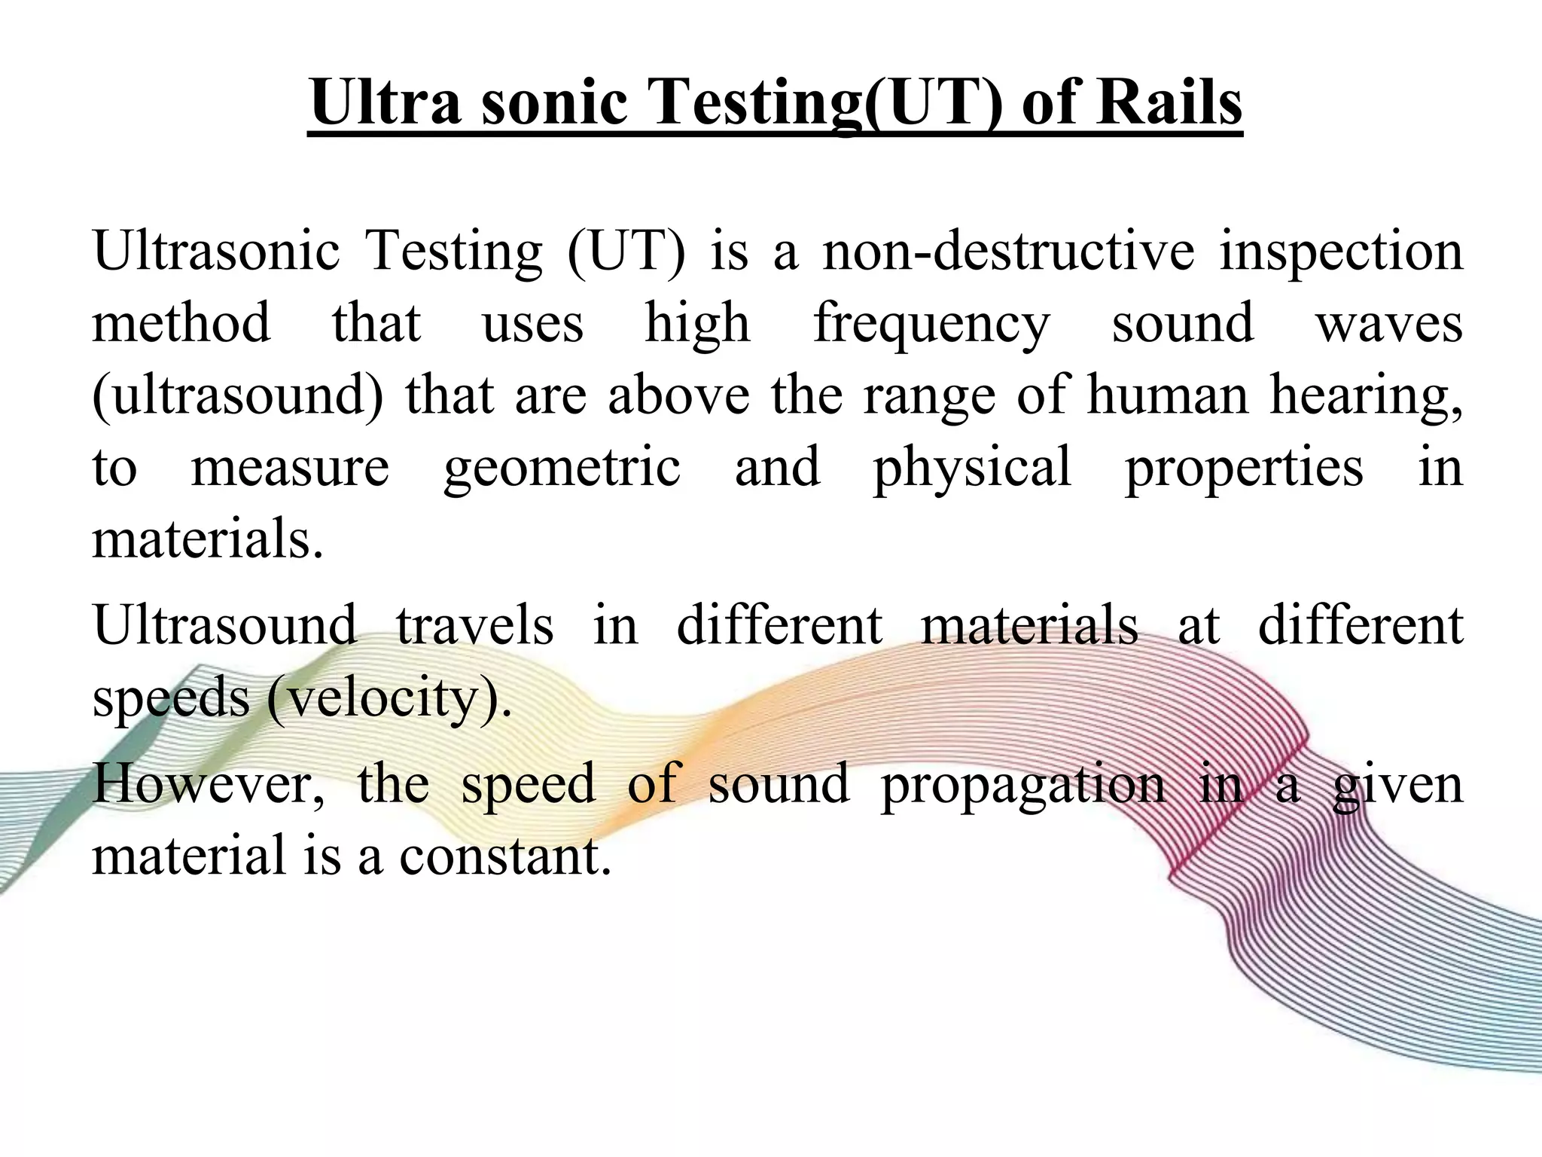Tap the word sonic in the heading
click(554, 103)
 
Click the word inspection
click(1341, 252)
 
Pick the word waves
click(1388, 324)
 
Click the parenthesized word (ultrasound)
click(237, 397)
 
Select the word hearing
click(1366, 397)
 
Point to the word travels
click(475, 625)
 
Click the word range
click(929, 397)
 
